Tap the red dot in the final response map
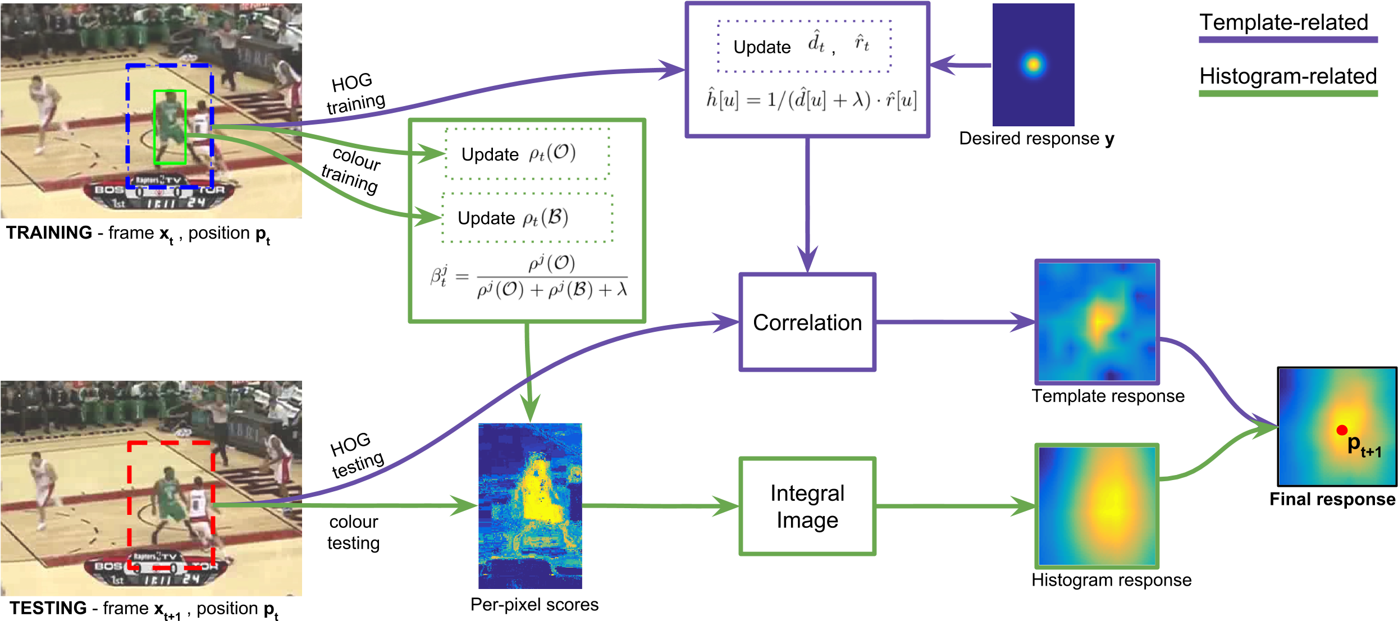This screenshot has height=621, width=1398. click(1342, 430)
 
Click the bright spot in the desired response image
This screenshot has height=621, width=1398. click(1033, 64)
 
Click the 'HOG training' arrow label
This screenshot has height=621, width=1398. click(355, 93)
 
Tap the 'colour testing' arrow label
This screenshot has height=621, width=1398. click(354, 532)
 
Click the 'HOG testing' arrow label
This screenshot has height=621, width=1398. click(356, 455)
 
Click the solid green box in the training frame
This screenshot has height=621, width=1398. click(170, 90)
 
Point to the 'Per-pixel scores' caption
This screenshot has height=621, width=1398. click(534, 605)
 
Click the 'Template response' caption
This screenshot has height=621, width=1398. click(1108, 396)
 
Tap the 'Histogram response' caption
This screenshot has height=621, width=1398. click(1112, 580)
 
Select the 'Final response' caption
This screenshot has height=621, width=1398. click(1333, 499)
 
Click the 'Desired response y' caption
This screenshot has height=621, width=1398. click(1037, 139)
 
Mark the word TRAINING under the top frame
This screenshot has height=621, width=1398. click(49, 232)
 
